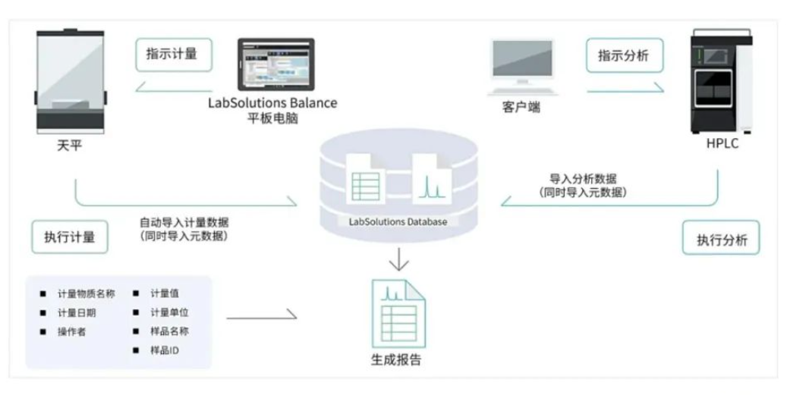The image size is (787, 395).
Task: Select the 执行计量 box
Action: [x=69, y=237]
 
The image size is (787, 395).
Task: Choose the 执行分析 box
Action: [x=720, y=240]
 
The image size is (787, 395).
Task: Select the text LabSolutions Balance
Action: [x=272, y=102]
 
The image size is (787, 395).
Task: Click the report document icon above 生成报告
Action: [x=398, y=314]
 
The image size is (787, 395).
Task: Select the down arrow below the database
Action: [x=398, y=261]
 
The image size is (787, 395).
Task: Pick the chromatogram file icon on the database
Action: [x=430, y=179]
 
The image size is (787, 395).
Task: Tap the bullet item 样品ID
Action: [x=165, y=350]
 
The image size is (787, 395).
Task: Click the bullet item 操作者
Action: [x=72, y=331]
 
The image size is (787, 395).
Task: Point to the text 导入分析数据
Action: [x=583, y=179]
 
